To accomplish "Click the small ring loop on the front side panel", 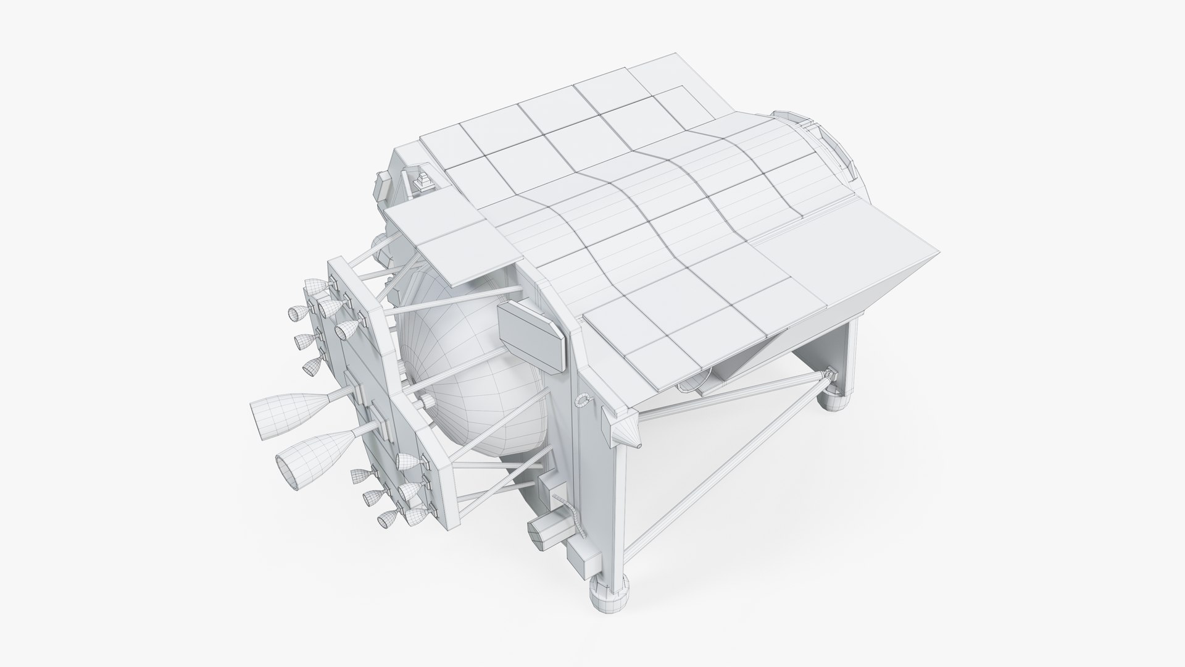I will coord(580,401).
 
